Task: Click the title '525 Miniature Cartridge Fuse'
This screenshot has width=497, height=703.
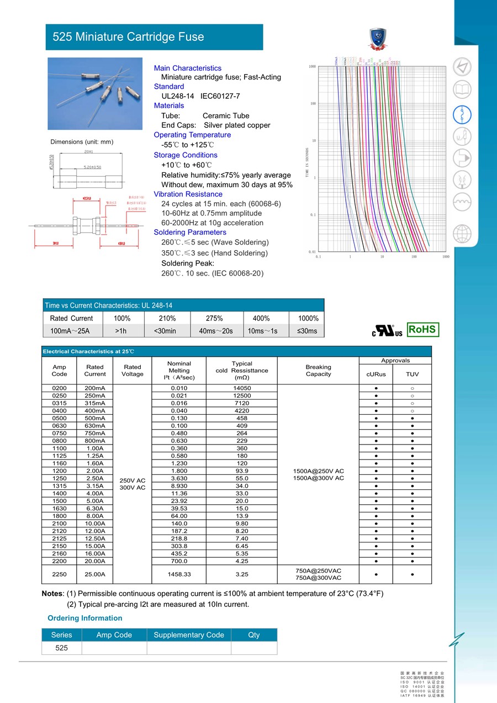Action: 128,37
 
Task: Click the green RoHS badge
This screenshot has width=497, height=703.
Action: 422,330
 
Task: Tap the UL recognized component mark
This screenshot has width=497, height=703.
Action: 387,331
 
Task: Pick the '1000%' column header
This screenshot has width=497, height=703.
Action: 307,318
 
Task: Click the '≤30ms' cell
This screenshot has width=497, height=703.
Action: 307,331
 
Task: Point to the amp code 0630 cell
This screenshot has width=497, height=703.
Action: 59,426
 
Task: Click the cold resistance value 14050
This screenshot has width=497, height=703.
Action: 242,388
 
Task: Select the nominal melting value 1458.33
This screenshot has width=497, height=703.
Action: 179,574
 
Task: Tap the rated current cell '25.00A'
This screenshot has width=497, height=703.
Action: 95,574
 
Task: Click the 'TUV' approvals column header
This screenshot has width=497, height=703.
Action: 412,374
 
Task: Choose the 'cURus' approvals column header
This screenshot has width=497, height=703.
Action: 376,374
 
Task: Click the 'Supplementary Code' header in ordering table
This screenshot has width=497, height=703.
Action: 188,635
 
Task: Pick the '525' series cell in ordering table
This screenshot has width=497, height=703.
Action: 61,648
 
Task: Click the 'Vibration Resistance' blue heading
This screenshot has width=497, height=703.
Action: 188,194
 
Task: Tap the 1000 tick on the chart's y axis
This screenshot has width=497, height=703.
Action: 312,67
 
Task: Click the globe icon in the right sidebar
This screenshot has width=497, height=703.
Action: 462,234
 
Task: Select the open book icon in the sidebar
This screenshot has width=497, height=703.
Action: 462,90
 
